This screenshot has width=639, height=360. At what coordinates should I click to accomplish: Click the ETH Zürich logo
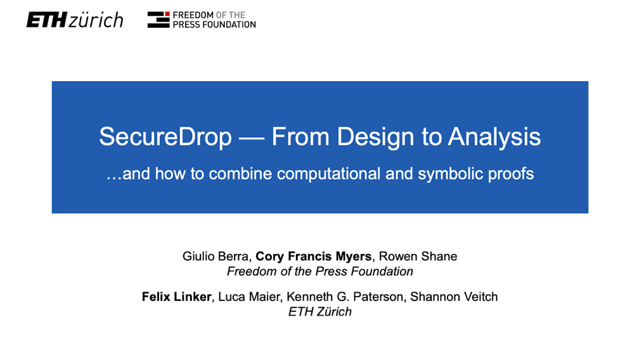click(75, 20)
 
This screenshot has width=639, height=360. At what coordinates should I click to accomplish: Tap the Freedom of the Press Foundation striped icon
click(158, 20)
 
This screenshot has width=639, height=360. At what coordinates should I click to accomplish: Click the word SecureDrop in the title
click(165, 138)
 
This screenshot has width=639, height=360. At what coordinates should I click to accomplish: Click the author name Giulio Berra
click(216, 257)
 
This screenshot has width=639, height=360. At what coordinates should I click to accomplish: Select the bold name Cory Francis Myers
click(314, 257)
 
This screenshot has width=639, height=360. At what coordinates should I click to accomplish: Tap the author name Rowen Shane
click(418, 257)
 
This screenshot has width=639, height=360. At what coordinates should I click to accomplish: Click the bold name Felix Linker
click(176, 297)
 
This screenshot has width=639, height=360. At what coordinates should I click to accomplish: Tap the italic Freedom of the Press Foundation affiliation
click(320, 272)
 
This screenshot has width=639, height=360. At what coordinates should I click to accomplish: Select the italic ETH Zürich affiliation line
click(319, 312)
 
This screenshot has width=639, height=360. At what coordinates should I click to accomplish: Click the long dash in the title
click(252, 138)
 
